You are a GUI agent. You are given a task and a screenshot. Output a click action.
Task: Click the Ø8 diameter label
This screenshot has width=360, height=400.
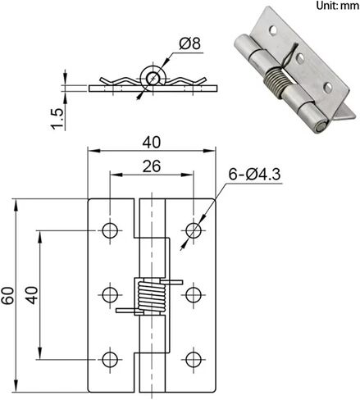(x=190, y=43)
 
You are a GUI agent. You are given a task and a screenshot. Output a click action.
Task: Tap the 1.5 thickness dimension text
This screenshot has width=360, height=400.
(x=57, y=119)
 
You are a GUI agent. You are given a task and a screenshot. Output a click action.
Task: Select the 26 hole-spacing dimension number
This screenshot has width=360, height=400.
(x=152, y=166)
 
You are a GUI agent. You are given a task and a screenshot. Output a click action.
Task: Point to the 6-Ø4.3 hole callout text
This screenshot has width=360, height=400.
(x=254, y=174)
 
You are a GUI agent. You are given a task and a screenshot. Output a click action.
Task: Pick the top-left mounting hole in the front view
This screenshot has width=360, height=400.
(x=110, y=230)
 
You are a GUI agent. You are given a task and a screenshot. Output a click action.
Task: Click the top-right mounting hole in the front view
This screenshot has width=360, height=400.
(x=194, y=230)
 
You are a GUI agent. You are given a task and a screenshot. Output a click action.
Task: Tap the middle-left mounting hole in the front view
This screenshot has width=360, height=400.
(x=110, y=295)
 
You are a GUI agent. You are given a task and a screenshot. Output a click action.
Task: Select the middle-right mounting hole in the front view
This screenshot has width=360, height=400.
(x=194, y=295)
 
